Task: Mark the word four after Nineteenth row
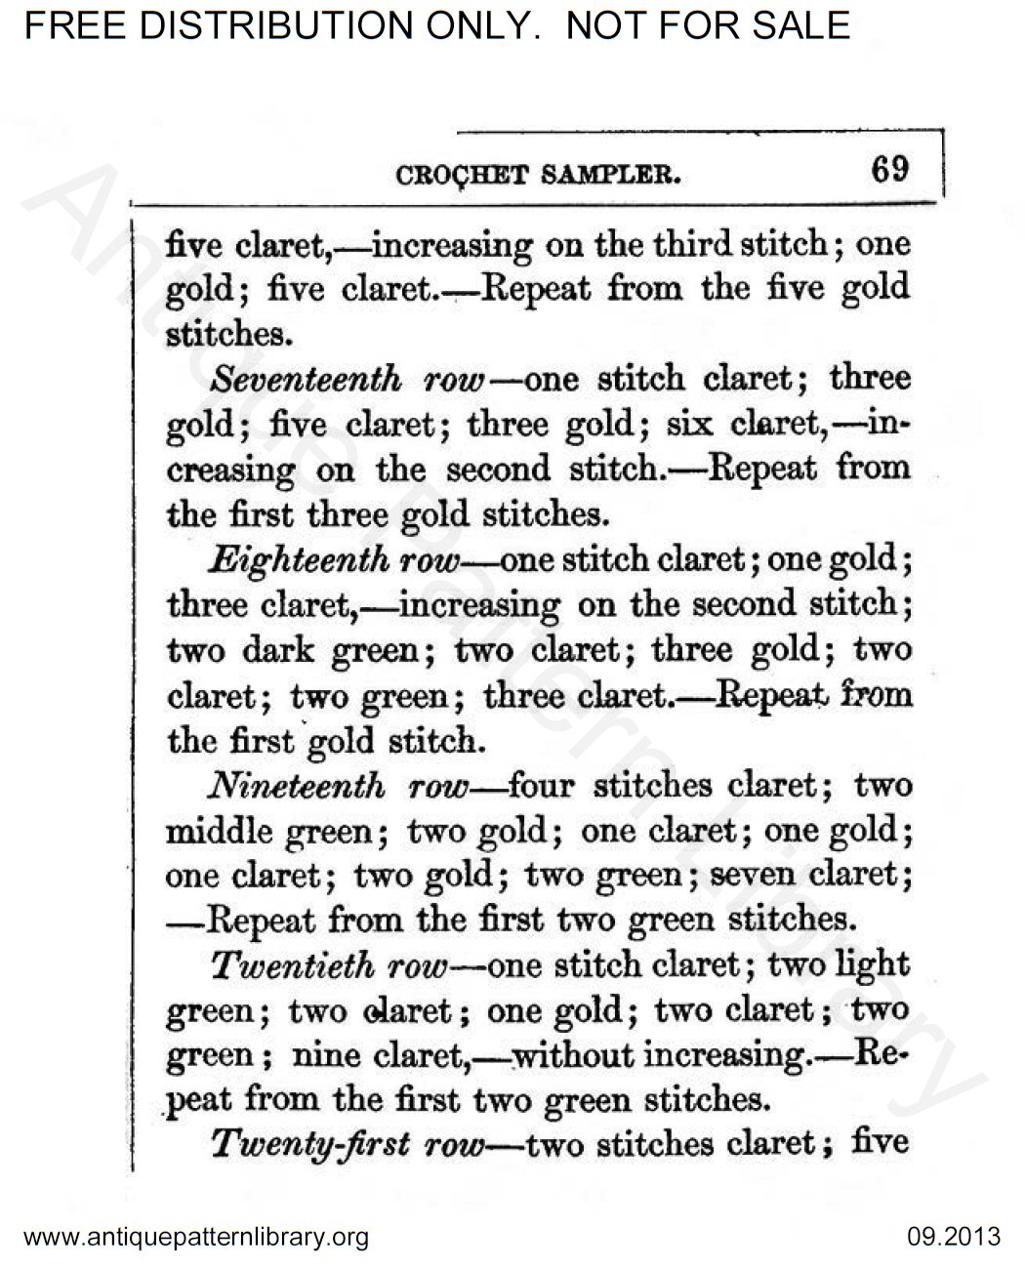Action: [545, 786]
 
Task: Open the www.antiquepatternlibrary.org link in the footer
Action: [195, 1238]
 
